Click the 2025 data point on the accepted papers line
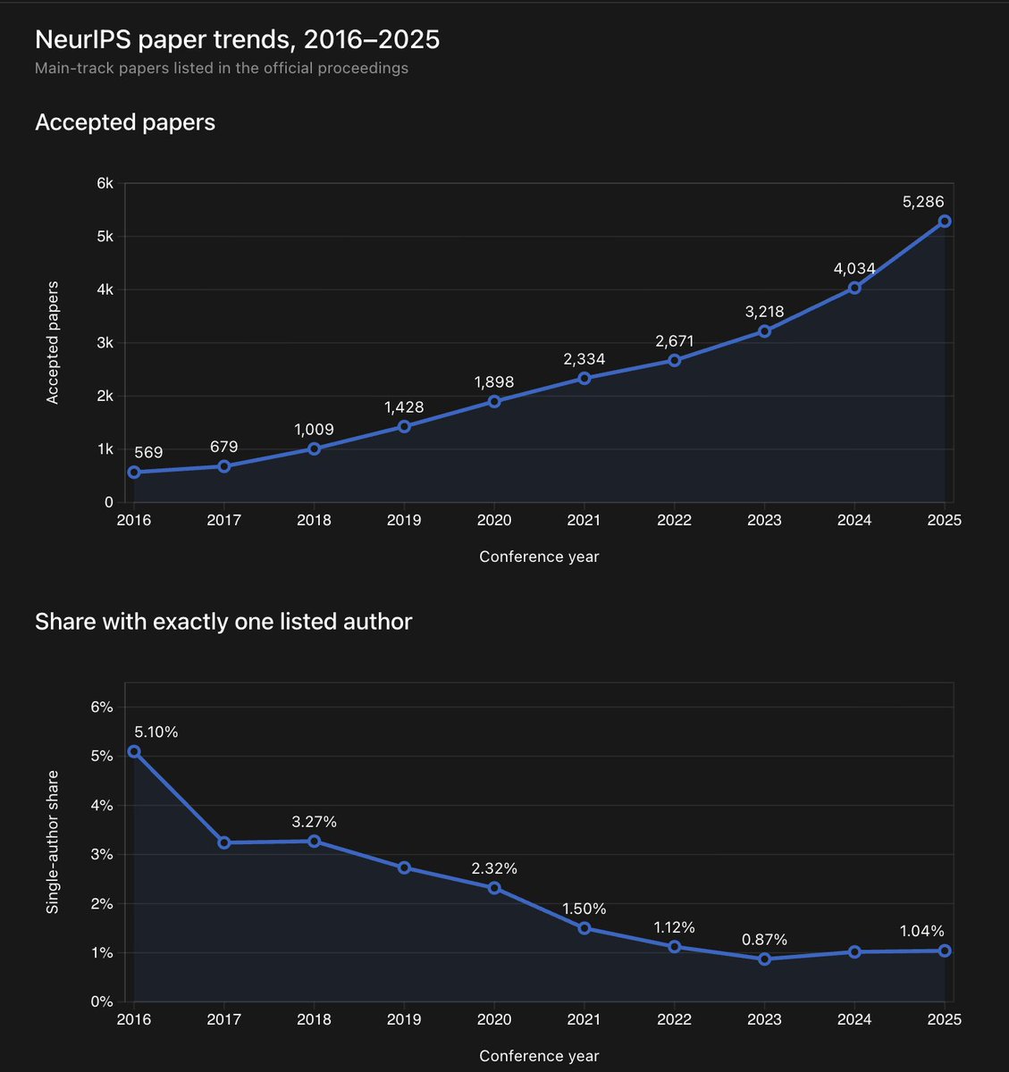click(944, 221)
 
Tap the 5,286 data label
click(923, 201)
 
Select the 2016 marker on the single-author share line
click(134, 751)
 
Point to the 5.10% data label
click(156, 732)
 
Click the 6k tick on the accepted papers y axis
click(105, 183)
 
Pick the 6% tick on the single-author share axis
click(102, 707)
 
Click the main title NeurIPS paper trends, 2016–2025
click(237, 39)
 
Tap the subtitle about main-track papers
click(222, 68)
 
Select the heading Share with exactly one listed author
click(223, 621)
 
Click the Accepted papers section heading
click(125, 122)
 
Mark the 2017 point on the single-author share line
click(224, 842)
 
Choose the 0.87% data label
click(764, 940)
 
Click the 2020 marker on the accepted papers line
click(494, 401)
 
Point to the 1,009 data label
click(314, 430)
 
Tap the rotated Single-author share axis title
click(53, 842)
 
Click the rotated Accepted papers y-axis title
click(53, 343)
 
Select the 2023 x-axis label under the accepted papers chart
click(764, 520)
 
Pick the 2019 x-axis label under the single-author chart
click(404, 1019)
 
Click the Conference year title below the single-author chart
click(539, 1056)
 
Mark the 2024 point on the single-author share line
click(854, 951)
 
